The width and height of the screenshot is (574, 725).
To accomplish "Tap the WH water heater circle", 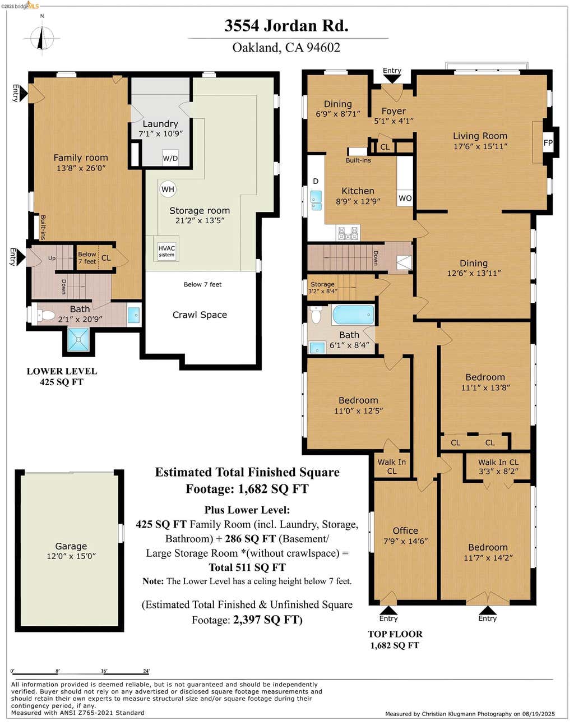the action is tap(168, 189).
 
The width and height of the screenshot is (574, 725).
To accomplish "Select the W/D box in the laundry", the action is tap(170, 158).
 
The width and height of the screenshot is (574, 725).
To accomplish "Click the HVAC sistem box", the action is tap(166, 251).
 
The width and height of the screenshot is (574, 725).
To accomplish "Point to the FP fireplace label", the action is tap(548, 143).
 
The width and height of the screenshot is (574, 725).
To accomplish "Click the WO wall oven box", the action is tap(405, 198).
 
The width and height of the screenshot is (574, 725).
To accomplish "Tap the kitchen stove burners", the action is tap(348, 233).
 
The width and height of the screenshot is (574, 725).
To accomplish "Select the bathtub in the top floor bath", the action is tap(353, 315).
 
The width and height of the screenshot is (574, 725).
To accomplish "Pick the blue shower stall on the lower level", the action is tap(78, 340).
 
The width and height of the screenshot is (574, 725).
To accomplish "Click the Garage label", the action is tap(71, 546).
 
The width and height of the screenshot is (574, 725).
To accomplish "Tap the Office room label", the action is tap(405, 530).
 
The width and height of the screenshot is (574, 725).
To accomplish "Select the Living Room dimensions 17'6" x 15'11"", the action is tap(480, 146).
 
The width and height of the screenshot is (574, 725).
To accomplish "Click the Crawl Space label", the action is tap(200, 315).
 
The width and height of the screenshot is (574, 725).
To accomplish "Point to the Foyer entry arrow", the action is tap(392, 79).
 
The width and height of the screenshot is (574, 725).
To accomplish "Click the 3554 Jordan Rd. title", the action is tap(286, 26).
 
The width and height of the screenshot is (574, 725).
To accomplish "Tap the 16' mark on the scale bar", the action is tap(104, 671).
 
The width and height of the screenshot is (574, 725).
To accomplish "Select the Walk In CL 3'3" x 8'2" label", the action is tap(498, 467).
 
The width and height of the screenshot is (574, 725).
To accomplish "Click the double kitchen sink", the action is tap(316, 201).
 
